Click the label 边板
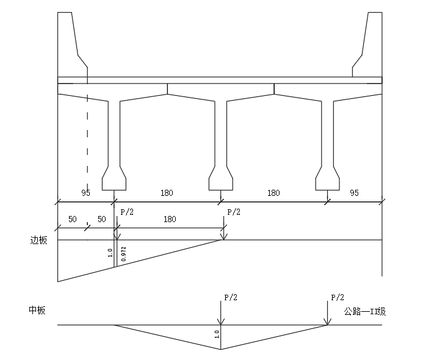coord(38,240)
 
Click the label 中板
coord(37,311)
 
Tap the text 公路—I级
coord(365,311)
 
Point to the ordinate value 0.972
coord(124,254)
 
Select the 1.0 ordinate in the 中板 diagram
coord(217,334)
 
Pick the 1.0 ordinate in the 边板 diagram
coord(110,253)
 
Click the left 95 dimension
coord(85,193)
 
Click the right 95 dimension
coord(354,193)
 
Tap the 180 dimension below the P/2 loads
coord(170,219)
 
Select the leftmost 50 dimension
coord(73,219)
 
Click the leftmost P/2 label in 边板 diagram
coord(127,212)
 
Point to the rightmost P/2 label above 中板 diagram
coord(338,297)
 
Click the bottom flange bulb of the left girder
coord(114,178)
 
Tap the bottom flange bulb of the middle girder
coord(220,178)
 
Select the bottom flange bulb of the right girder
coord(327,178)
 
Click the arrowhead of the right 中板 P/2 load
coord(327,322)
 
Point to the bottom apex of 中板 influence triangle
coord(221,349)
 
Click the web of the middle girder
coord(221,134)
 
